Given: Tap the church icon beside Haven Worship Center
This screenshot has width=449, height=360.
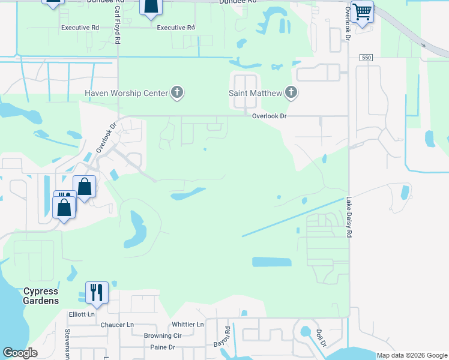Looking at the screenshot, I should pyautogui.click(x=176, y=92).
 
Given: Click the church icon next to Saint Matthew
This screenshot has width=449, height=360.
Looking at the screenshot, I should pyautogui.click(x=291, y=92).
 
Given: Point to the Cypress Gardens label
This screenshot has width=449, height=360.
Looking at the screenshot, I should pyautogui.click(x=41, y=296).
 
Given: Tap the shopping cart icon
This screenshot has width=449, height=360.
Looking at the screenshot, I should pyautogui.click(x=362, y=11).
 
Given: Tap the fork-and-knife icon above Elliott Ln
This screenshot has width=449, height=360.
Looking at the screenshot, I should pyautogui.click(x=96, y=292).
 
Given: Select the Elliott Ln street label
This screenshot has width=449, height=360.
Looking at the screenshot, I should pyautogui.click(x=82, y=313).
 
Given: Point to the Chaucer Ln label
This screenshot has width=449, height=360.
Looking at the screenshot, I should pyautogui.click(x=117, y=325).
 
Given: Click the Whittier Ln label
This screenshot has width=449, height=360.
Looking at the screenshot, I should pyautogui.click(x=187, y=325).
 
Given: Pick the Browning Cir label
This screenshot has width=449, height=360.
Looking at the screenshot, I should pyautogui.click(x=162, y=336).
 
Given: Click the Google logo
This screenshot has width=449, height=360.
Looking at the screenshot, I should pyautogui.click(x=20, y=353).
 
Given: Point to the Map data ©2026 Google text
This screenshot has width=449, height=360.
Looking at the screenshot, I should pyautogui.click(x=412, y=355).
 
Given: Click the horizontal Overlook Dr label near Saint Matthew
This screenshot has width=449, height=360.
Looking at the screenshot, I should pyautogui.click(x=270, y=116).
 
